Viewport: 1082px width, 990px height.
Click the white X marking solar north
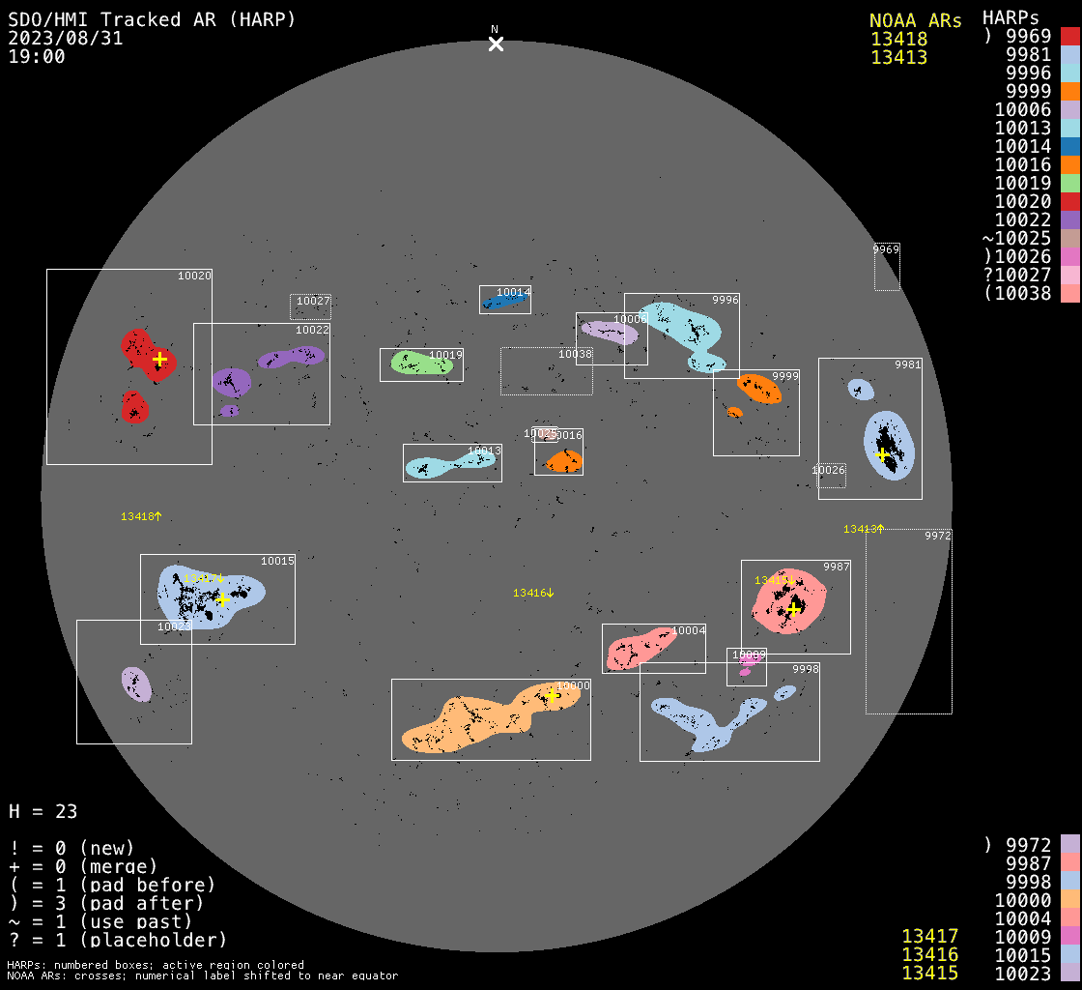[496, 44]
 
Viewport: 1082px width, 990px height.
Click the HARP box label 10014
[513, 292]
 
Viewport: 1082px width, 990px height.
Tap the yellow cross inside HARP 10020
[159, 359]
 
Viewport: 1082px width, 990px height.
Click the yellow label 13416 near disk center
[533, 593]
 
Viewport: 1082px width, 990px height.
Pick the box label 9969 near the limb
[886, 249]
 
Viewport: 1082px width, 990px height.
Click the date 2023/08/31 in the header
[66, 39]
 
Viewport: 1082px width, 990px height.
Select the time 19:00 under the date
[37, 57]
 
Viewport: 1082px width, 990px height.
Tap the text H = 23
[43, 811]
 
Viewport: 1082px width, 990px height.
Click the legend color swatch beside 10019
[1069, 183]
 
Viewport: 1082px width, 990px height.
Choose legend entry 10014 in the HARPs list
[1022, 146]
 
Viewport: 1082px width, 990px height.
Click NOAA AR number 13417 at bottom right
[929, 936]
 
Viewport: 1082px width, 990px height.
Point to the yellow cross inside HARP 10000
[552, 696]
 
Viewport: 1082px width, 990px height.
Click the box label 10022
[312, 330]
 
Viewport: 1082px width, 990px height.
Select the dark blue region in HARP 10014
[504, 302]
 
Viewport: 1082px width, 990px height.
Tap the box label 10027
[313, 301]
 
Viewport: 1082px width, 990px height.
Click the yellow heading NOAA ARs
[915, 20]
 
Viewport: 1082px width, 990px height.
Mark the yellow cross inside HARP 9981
[881, 454]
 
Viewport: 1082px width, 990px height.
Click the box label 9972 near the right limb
[937, 535]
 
